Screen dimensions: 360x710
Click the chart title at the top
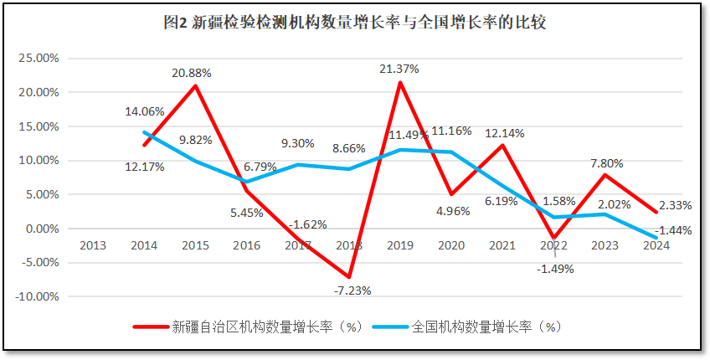pos(355,23)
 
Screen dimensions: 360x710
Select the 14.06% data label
pos(145,111)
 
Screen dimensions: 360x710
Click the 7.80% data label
pos(606,163)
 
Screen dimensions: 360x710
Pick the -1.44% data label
pos(673,230)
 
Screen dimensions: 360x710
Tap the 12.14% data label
pos(506,133)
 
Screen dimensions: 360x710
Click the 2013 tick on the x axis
pos(93,244)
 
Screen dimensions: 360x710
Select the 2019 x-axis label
pos(400,244)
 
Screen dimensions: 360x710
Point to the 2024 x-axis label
pos(656,244)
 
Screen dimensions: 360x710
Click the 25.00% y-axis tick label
pos(39,59)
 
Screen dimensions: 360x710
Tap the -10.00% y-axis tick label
pos(37,296)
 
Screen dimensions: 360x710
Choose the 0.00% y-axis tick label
pos(40,229)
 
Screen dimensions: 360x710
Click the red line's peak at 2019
pos(400,82)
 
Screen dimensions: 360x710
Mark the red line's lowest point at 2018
pos(349,277)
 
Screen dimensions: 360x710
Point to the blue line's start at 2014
pos(145,132)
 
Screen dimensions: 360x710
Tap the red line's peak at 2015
pos(196,85)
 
